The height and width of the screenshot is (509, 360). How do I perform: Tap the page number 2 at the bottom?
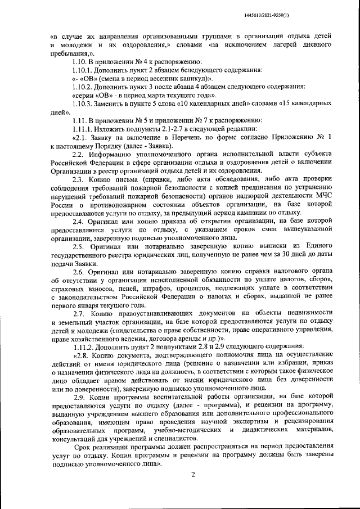point(192,475)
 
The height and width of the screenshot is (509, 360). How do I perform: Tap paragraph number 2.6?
point(78,272)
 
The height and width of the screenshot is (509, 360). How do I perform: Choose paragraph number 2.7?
point(78,311)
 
